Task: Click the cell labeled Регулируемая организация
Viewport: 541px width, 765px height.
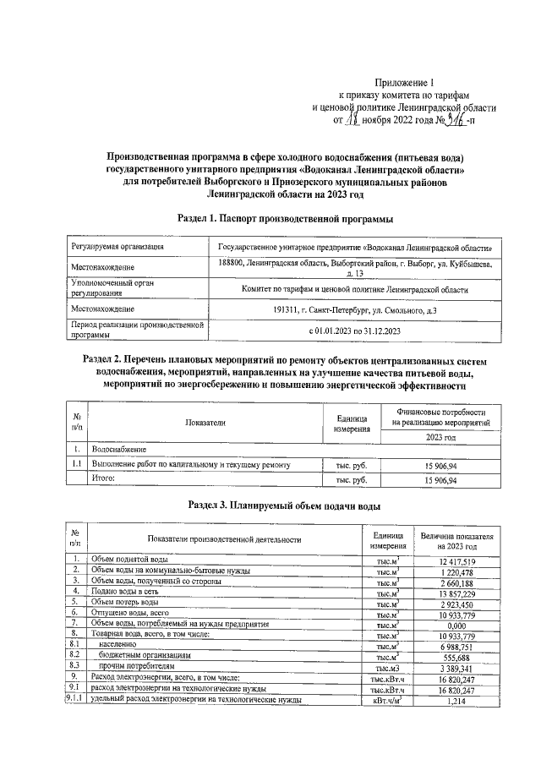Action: coord(117,247)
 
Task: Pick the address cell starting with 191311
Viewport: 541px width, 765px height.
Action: coord(355,310)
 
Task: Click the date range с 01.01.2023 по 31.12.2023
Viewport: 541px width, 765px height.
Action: coord(355,331)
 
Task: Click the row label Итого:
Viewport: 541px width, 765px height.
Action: coord(107,479)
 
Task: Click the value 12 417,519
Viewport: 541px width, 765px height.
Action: coord(456,560)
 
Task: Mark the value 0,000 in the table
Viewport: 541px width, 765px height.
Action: coord(456,625)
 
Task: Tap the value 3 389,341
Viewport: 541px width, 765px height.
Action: coord(456,667)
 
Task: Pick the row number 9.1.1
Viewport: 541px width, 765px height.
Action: coord(76,701)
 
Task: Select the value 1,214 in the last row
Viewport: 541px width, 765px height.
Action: coord(456,701)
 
